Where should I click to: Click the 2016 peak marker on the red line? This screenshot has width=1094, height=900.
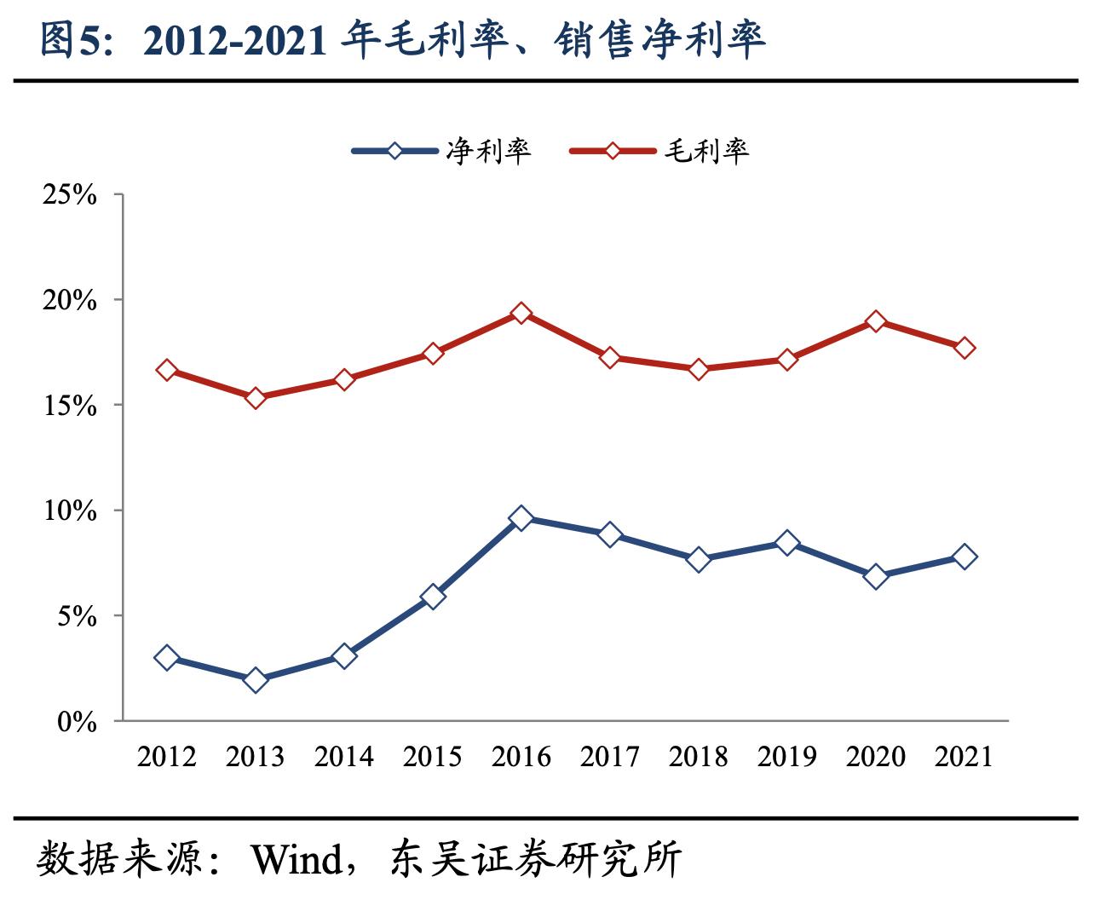click(x=521, y=314)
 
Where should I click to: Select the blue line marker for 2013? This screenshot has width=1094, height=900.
click(x=256, y=680)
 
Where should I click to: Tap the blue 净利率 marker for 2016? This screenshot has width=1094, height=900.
click(x=521, y=518)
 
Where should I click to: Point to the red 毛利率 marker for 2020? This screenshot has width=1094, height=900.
click(x=876, y=321)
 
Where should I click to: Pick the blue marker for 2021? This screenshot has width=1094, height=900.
click(x=964, y=557)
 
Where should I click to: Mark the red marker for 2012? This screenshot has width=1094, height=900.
click(x=167, y=370)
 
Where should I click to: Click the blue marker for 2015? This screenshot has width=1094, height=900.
click(x=433, y=597)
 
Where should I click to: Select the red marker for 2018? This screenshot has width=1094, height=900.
click(x=699, y=369)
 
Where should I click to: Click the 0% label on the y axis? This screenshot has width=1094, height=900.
click(x=78, y=722)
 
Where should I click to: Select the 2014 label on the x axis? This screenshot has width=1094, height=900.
click(x=344, y=757)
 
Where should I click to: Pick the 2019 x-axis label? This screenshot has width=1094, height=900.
click(x=787, y=757)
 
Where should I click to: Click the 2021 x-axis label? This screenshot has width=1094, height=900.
click(x=964, y=757)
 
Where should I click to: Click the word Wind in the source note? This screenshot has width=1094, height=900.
click(x=295, y=860)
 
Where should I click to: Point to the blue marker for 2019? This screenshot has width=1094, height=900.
click(x=787, y=543)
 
